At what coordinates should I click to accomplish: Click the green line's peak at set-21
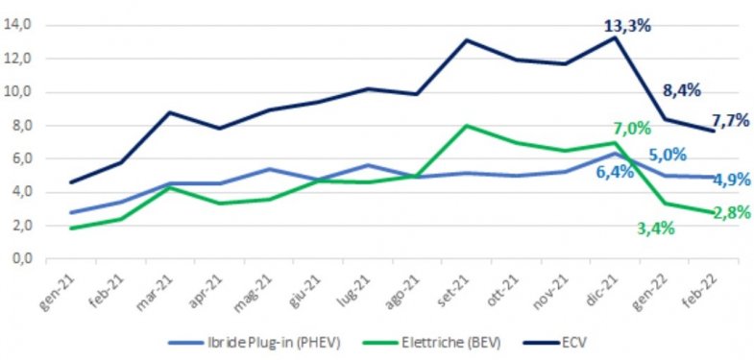point(466,125)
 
